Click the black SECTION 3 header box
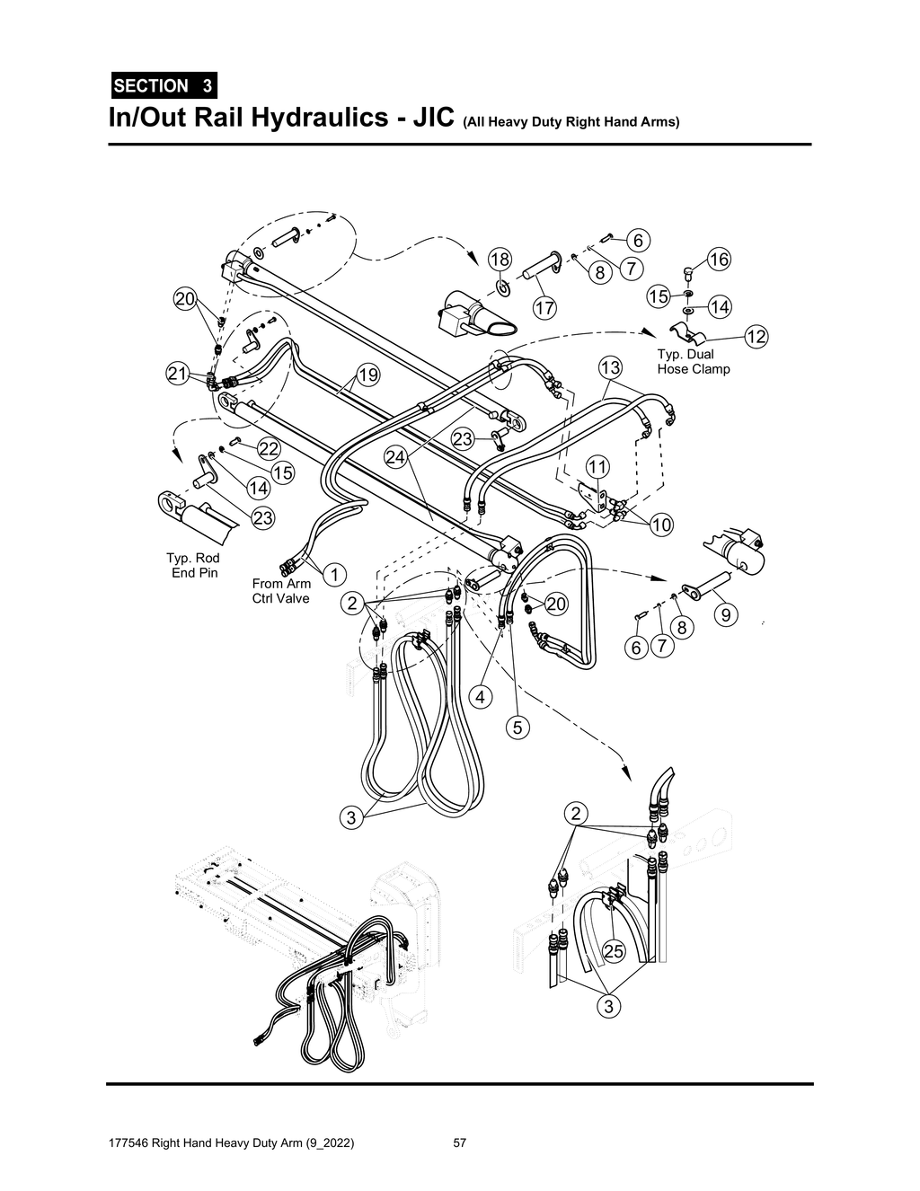[x=163, y=86]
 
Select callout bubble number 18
[x=499, y=260]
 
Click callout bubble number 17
[x=544, y=308]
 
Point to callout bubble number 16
[x=718, y=260]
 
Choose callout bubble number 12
[x=756, y=337]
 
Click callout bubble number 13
[x=610, y=367]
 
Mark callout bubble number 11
[x=597, y=466]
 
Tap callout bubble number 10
[x=661, y=525]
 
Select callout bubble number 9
[x=726, y=614]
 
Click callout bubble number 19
[x=368, y=374]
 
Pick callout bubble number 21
[x=177, y=374]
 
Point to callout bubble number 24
[x=396, y=456]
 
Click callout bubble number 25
[x=613, y=952]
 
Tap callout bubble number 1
[x=333, y=573]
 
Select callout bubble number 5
[x=517, y=727]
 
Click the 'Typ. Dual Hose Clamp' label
[x=693, y=361]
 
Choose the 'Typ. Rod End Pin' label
[x=195, y=565]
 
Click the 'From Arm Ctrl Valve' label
[x=281, y=591]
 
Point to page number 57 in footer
[x=460, y=1143]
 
